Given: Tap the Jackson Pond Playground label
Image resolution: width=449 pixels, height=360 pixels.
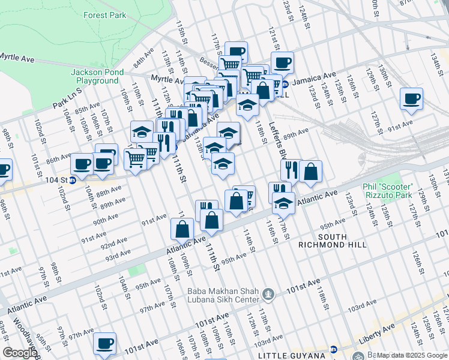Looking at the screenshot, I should (x=97, y=76).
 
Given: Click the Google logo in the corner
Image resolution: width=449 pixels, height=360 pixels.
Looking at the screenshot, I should (x=19, y=353).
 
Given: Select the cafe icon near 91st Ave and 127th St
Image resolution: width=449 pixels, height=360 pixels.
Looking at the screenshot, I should (x=411, y=99).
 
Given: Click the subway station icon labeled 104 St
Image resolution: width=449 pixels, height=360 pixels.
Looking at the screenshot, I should (x=73, y=179).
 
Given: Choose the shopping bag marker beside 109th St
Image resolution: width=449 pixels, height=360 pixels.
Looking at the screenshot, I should (x=182, y=229).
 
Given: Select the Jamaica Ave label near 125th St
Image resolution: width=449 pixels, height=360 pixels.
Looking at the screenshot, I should (x=318, y=76).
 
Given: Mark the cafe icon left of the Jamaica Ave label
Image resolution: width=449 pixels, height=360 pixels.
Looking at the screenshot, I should (x=282, y=62).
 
